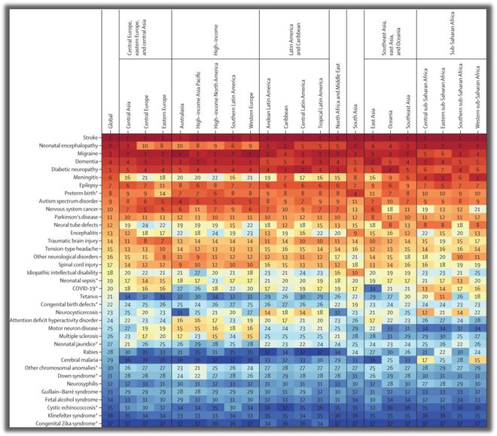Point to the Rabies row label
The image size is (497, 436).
89,351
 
